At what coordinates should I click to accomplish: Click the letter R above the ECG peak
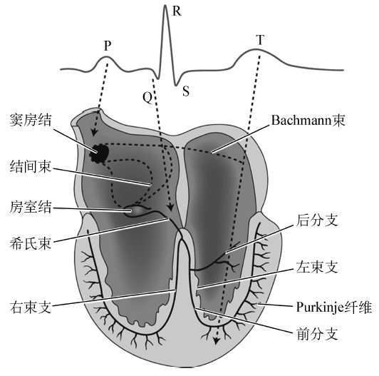click(177, 11)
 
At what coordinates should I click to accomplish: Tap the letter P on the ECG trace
click(108, 46)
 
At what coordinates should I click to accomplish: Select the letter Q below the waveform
click(147, 97)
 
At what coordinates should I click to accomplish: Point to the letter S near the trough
click(186, 91)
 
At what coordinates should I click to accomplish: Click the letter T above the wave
click(260, 40)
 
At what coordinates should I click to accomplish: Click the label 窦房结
click(31, 120)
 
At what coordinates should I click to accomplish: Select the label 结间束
click(31, 166)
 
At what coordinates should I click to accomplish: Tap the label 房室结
click(31, 207)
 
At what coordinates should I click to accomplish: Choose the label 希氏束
click(31, 243)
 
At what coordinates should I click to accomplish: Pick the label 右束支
click(31, 307)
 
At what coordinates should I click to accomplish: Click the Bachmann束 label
click(308, 121)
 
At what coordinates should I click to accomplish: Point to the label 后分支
click(316, 220)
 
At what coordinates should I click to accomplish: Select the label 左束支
click(316, 267)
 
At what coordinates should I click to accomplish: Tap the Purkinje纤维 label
click(334, 308)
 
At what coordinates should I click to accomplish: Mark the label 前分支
click(316, 334)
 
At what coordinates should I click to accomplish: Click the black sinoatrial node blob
click(99, 153)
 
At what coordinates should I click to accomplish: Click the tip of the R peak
click(165, 5)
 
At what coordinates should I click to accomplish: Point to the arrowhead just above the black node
click(94, 132)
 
